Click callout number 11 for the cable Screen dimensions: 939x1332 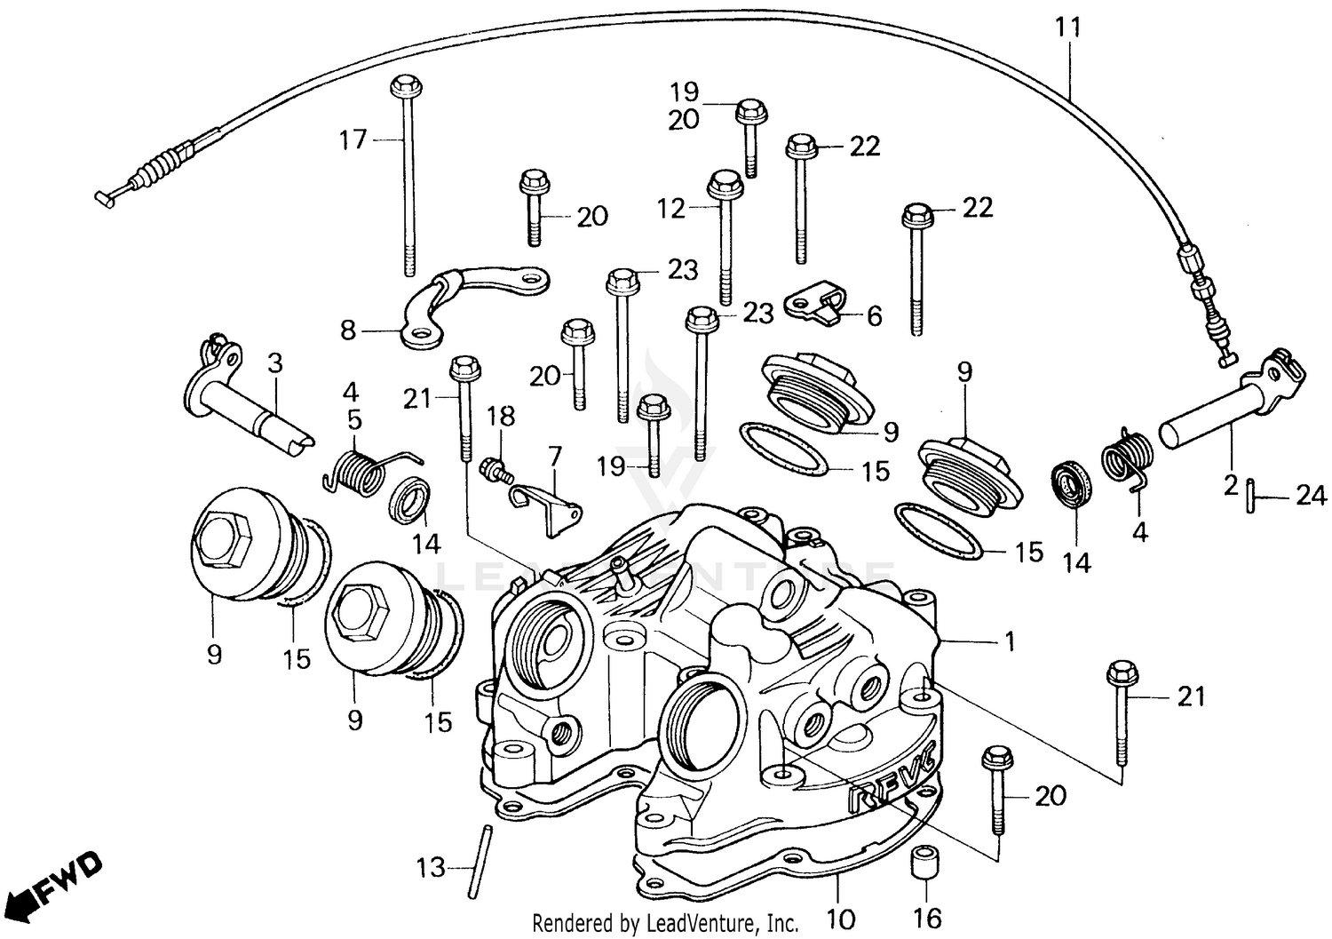coord(1069,28)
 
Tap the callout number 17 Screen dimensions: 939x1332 coord(353,139)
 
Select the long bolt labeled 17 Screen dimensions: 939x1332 coord(408,178)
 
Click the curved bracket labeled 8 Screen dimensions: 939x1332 coord(471,298)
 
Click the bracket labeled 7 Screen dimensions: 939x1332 coord(551,506)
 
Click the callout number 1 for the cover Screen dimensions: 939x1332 coord(1009,641)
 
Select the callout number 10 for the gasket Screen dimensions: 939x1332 coord(840,917)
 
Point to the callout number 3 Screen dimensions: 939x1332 coord(274,363)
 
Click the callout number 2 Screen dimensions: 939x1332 coord(1231,485)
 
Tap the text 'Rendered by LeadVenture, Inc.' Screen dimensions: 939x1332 coord(665,923)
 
